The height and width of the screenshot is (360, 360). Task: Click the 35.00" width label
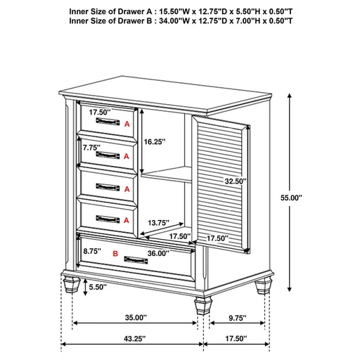point(135,316)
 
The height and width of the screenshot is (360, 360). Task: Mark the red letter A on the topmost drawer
point(127,124)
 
